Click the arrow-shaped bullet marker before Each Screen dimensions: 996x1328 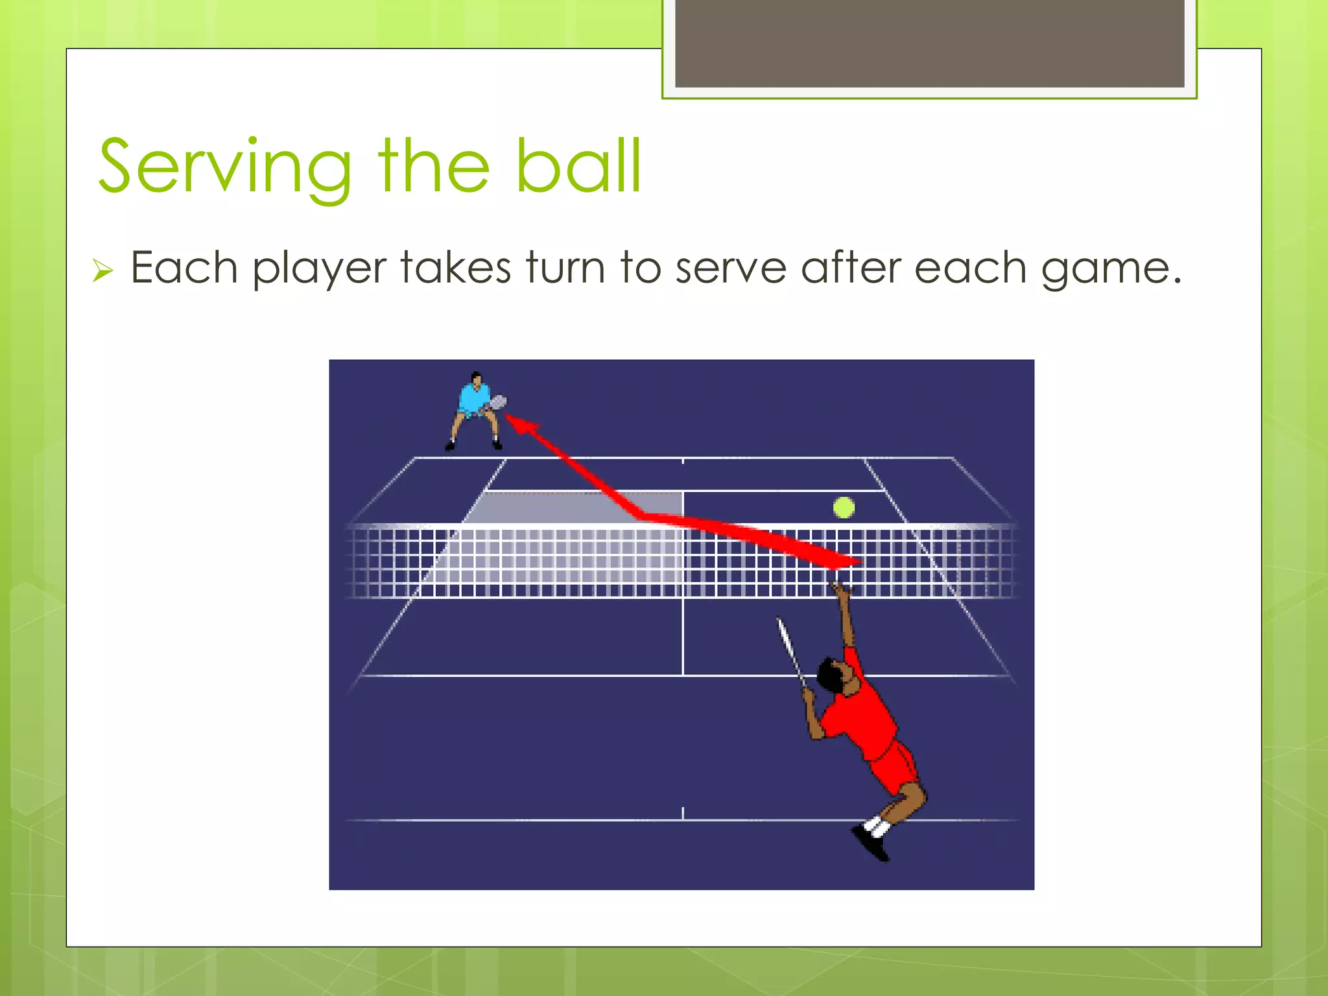102,270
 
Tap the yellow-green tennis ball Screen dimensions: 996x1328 844,508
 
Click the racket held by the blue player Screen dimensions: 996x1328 497,403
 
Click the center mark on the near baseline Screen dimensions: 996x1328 683,814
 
